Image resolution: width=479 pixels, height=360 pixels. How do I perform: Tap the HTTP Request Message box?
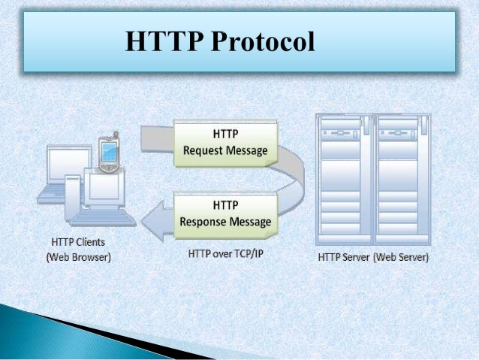point(225,142)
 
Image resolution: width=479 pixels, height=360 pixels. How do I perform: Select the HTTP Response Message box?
point(225,214)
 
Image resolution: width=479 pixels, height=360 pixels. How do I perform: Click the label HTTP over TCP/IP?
point(226,254)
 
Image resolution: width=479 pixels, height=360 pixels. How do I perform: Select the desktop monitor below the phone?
point(104,188)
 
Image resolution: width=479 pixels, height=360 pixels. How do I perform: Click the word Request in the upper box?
point(205,150)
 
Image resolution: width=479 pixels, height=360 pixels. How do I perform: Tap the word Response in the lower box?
point(204,222)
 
